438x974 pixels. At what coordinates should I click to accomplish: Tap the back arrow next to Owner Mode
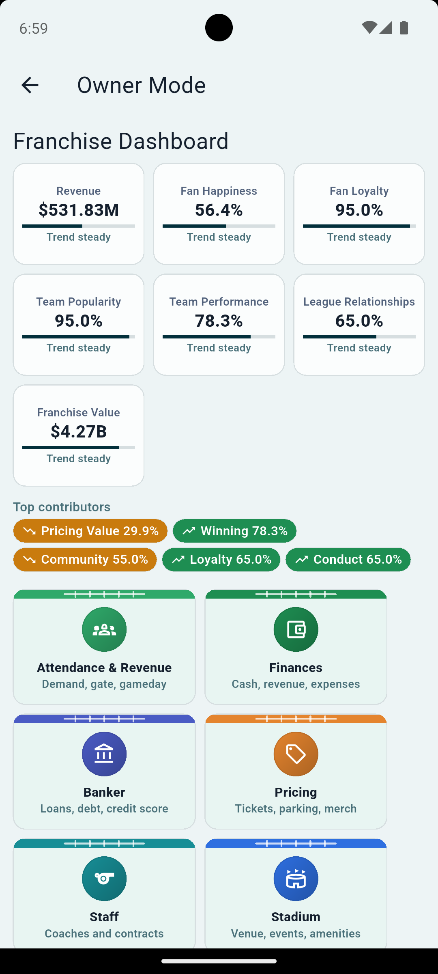point(30,85)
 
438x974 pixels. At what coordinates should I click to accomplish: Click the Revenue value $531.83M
point(79,210)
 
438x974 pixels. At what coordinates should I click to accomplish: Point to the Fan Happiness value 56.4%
point(219,210)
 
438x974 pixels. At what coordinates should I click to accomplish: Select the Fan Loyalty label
point(359,191)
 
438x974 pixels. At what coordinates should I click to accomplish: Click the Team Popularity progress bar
point(79,337)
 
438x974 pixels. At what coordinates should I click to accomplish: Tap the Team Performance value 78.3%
point(219,321)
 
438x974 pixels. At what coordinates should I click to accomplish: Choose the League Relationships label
point(359,302)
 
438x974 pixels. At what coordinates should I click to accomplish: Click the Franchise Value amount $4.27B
point(79,431)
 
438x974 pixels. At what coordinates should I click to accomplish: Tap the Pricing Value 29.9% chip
point(90,531)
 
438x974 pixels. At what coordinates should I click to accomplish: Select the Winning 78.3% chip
point(235,531)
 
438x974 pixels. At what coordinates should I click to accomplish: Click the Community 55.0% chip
point(85,560)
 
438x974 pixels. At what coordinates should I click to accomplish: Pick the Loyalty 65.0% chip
point(221,560)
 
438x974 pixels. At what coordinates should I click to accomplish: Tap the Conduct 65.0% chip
point(348,560)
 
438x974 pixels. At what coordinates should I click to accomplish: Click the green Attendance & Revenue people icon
point(104,629)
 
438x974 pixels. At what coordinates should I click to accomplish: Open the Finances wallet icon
point(296,629)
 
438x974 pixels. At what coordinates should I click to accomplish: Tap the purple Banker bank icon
point(104,754)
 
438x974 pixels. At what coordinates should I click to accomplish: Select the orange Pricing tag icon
point(296,754)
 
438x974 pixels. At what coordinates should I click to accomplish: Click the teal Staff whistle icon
point(104,879)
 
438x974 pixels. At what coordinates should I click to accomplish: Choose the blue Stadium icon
point(296,879)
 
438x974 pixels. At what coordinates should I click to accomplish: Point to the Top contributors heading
point(62,507)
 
